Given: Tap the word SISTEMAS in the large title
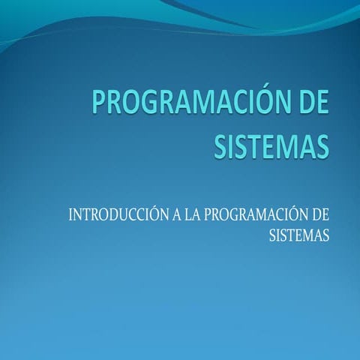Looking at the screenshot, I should [271, 145].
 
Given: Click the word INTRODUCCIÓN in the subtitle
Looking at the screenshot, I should [118, 215].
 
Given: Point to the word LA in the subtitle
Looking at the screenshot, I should [193, 215].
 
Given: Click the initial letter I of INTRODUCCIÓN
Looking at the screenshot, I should [71, 215].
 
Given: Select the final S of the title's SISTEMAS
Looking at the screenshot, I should [322, 145].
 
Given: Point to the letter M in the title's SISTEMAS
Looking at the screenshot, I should [286, 145].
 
